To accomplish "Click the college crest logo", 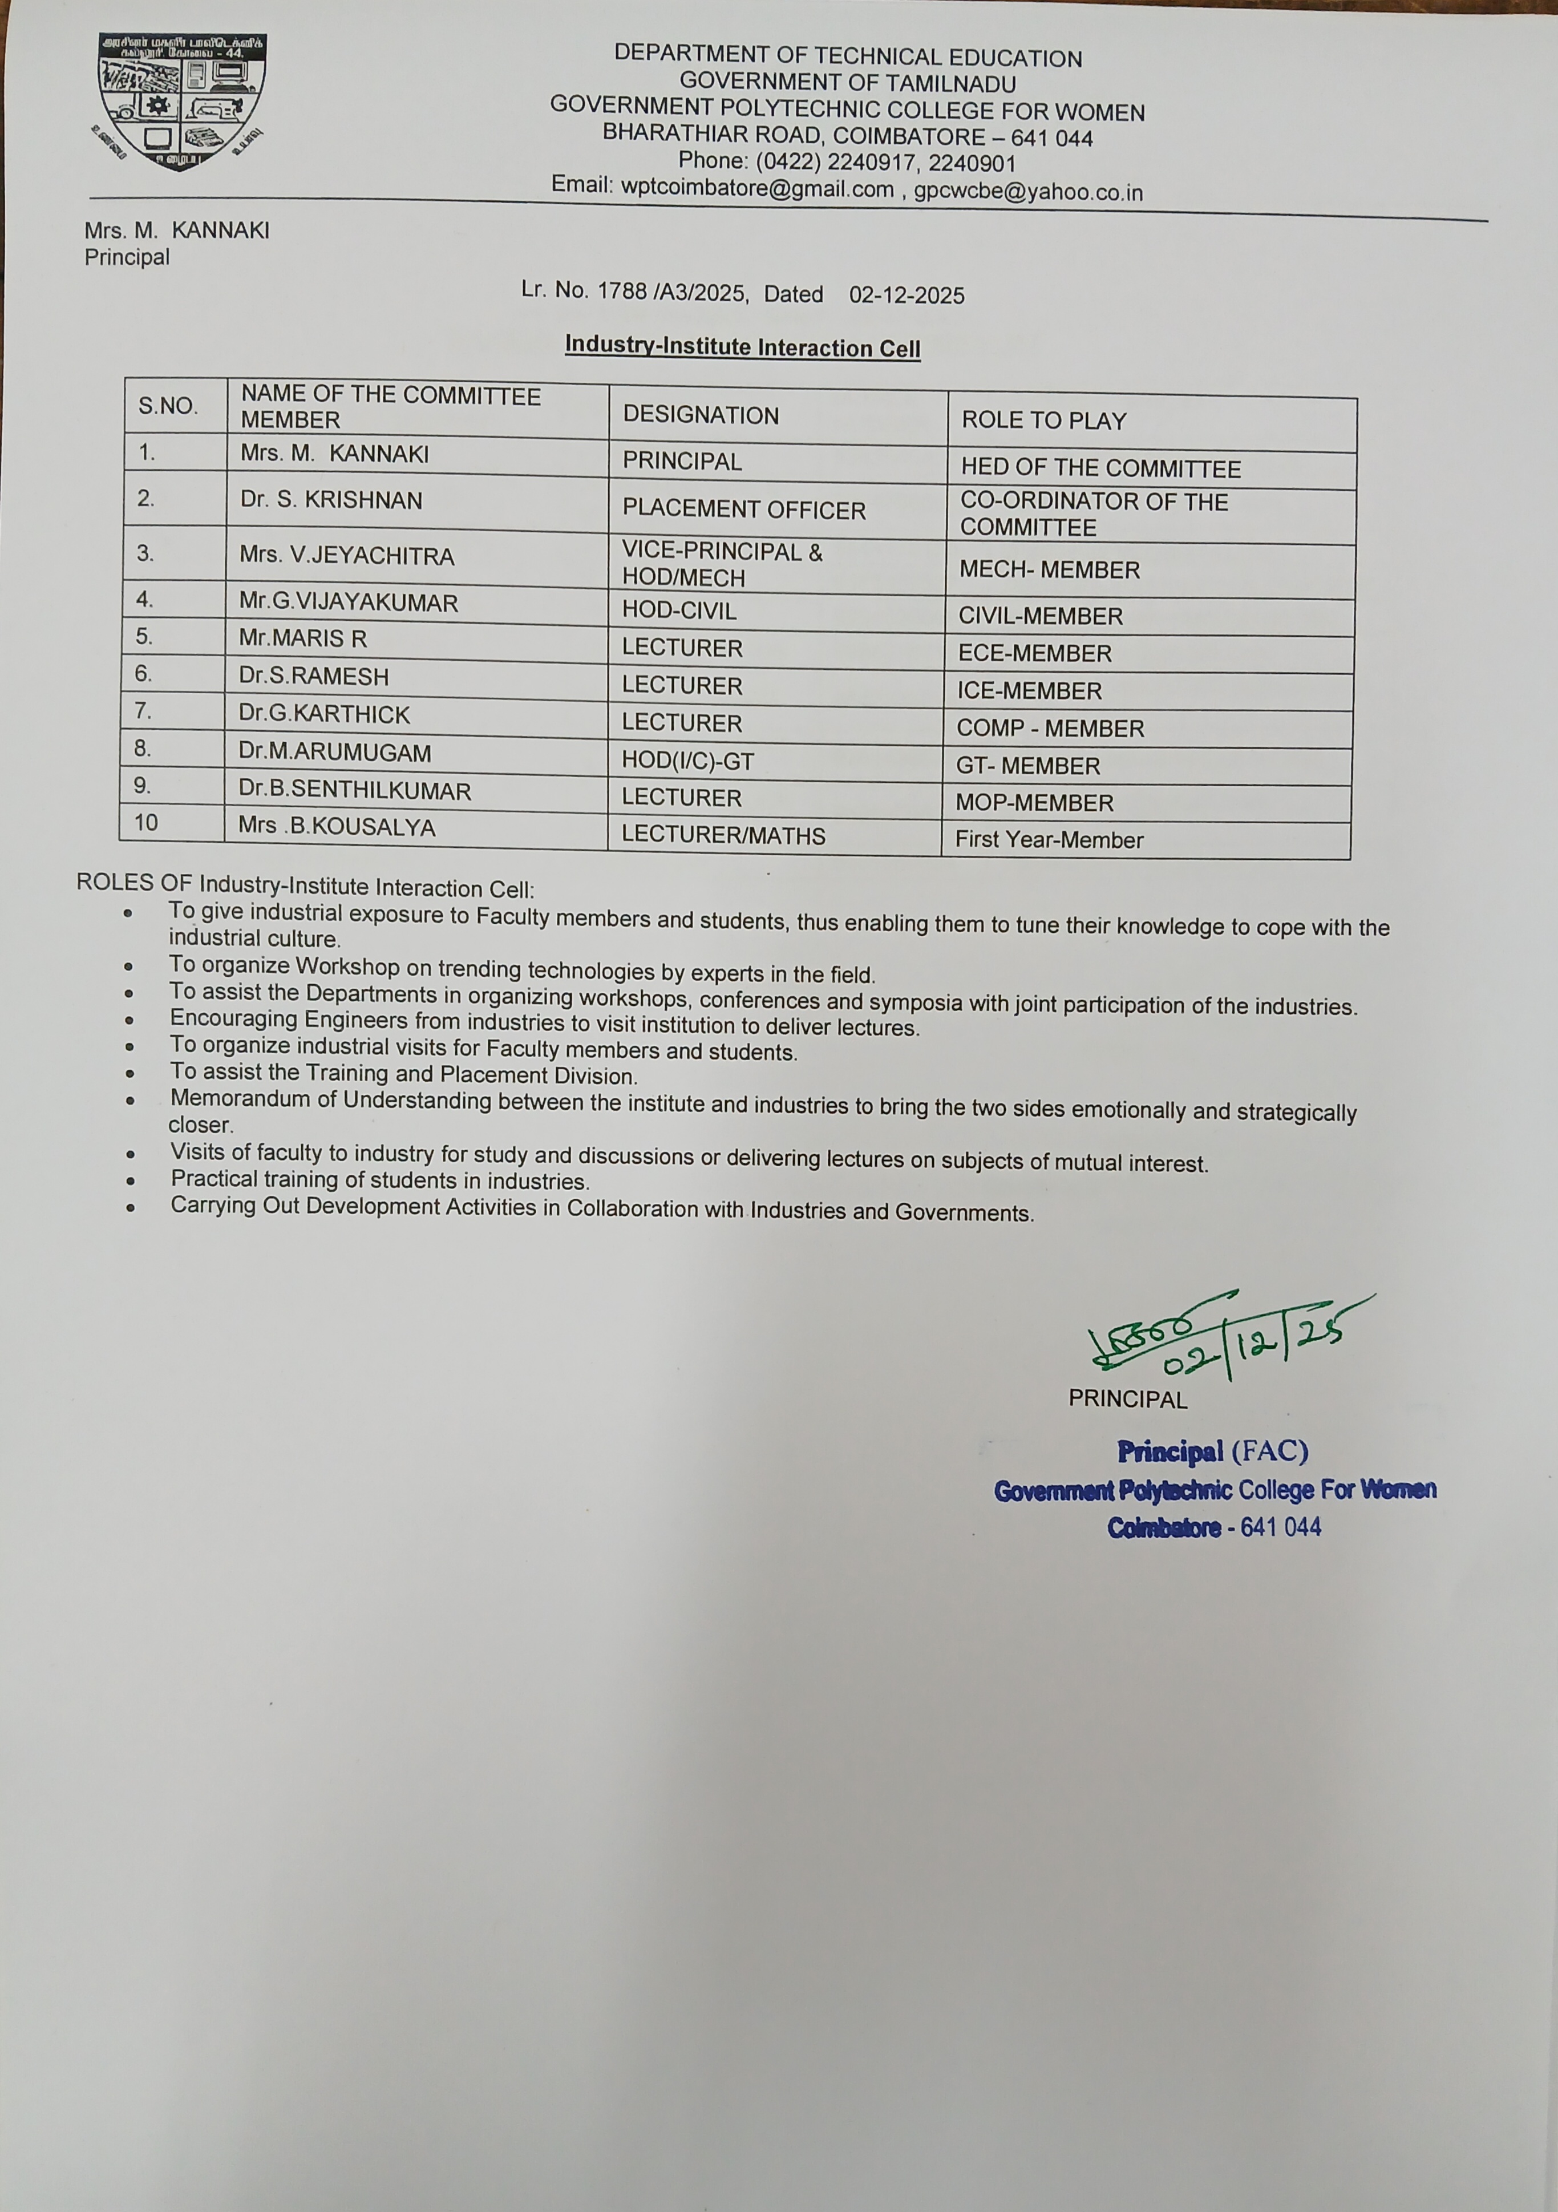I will click(181, 102).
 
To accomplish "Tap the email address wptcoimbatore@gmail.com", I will click(757, 189).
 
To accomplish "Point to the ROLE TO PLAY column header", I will click(1043, 421).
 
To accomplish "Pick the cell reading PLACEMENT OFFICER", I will click(744, 509).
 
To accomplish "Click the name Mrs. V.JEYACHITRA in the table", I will click(347, 556).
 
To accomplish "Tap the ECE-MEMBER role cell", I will click(1035, 653).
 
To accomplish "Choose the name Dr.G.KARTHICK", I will click(325, 714).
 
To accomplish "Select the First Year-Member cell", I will click(1049, 840).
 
